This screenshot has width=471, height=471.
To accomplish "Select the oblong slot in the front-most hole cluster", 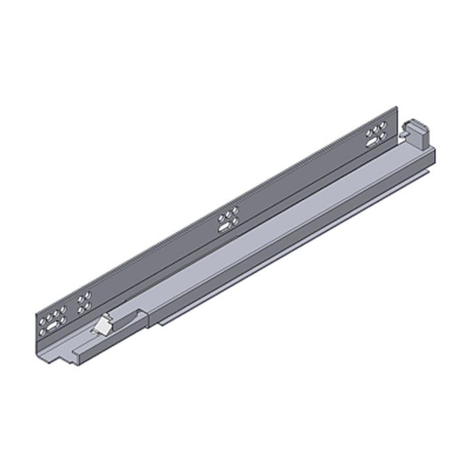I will click(50, 323).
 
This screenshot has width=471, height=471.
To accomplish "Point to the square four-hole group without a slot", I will click(84, 302).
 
